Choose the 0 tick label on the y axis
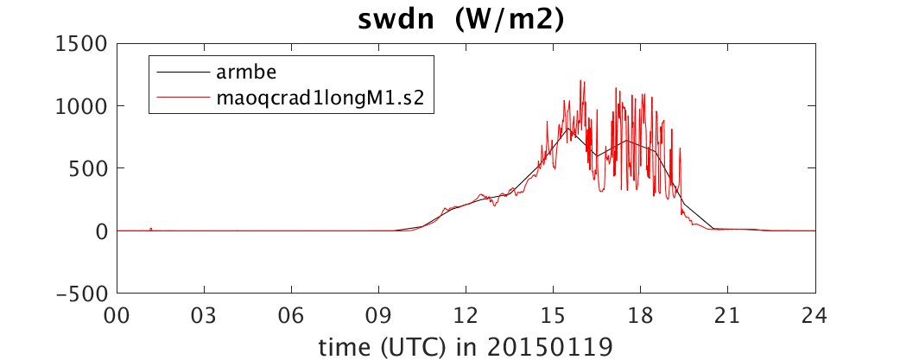pyautogui.click(x=101, y=231)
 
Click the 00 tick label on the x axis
pyautogui.click(x=117, y=316)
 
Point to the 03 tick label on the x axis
pyautogui.click(x=205, y=316)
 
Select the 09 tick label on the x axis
pyautogui.click(x=379, y=316)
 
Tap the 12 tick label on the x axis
pyautogui.click(x=466, y=316)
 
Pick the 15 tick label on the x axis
pyautogui.click(x=554, y=316)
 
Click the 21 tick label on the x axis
pyautogui.click(x=728, y=316)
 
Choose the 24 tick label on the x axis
pyautogui.click(x=815, y=316)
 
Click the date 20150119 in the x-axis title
pyautogui.click(x=551, y=345)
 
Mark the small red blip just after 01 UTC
pyautogui.click(x=150, y=229)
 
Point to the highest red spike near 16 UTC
pyautogui.click(x=581, y=81)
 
